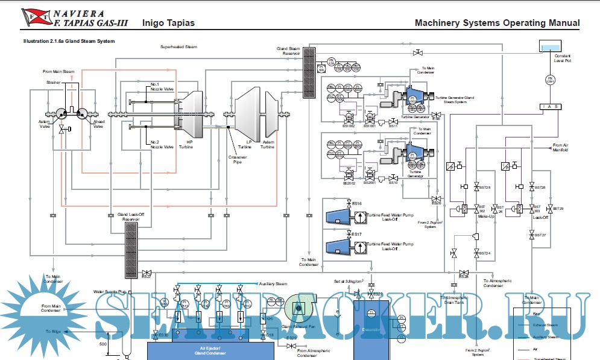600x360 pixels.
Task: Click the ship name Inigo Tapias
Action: [x=168, y=24]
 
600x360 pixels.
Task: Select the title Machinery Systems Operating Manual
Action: [x=497, y=24]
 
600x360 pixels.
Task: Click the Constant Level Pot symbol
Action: [x=549, y=48]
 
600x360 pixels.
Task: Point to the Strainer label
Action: [x=54, y=82]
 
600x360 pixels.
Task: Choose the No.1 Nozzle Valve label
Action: [x=162, y=87]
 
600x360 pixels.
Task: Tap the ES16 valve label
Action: [x=357, y=204]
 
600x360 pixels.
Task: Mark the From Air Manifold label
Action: [x=561, y=148]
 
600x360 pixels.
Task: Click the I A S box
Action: [x=549, y=107]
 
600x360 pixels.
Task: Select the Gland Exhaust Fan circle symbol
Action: [x=297, y=308]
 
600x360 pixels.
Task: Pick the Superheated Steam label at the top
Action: [x=178, y=46]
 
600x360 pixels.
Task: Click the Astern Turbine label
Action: [x=267, y=144]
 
